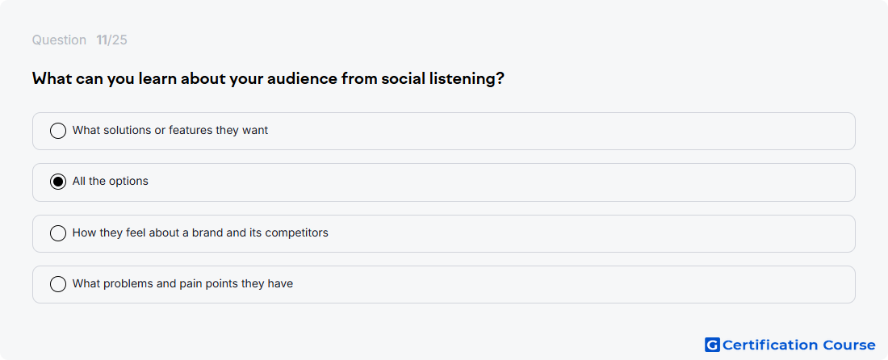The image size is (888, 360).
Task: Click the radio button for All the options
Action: tap(58, 182)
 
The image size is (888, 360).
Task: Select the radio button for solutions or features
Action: tap(58, 131)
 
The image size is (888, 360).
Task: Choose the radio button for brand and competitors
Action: tap(58, 233)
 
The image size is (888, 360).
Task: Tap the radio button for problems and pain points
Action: tap(58, 284)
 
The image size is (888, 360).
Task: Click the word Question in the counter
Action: tap(59, 40)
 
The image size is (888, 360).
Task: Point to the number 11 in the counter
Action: tap(102, 40)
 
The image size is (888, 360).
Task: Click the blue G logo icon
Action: tap(712, 345)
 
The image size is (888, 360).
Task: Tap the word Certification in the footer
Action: tap(769, 345)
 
